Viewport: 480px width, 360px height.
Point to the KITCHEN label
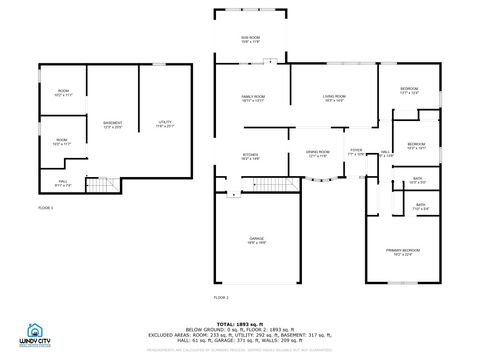point(251,156)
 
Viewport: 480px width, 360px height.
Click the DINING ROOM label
point(318,154)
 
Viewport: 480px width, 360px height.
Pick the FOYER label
point(356,152)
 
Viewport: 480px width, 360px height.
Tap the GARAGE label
point(257,240)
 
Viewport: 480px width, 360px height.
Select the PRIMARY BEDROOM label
point(403,250)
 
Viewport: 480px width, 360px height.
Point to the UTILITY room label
point(165,124)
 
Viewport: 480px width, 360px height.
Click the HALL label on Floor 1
point(62,183)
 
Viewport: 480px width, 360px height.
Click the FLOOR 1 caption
point(46,207)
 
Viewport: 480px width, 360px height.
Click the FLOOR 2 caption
point(221,297)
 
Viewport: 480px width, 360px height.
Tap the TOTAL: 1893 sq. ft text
point(240,322)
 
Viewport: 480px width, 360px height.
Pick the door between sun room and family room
point(267,62)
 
